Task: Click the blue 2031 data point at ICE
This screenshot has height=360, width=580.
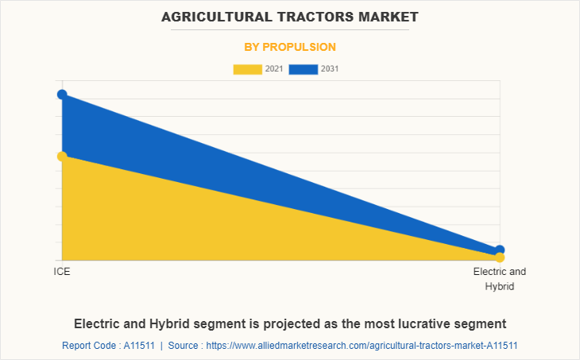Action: [62, 95]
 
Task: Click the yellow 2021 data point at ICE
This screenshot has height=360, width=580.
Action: [62, 156]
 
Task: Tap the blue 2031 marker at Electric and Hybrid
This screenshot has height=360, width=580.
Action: [500, 250]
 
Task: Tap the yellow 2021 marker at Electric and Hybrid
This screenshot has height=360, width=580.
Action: [500, 257]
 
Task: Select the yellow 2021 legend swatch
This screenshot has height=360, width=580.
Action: [247, 69]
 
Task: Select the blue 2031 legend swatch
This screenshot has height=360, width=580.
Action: [303, 69]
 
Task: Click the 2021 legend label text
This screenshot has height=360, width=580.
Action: [274, 69]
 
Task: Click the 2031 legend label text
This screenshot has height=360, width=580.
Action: [330, 69]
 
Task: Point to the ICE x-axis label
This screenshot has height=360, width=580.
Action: [62, 272]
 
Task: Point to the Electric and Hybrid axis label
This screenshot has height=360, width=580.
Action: [500, 279]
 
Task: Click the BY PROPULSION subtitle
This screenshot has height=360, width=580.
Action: [290, 47]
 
